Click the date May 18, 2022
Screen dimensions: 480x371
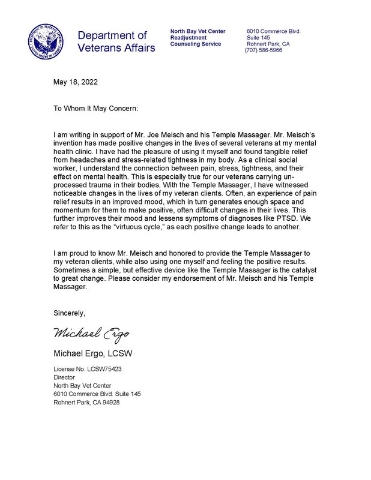(x=76, y=82)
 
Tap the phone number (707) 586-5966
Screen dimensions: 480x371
(x=264, y=50)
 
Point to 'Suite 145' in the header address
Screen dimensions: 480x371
(x=259, y=37)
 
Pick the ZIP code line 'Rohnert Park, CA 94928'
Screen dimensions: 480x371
(x=86, y=402)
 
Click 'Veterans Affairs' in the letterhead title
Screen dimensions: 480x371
(x=116, y=47)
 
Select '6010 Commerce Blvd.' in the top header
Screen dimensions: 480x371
(x=274, y=31)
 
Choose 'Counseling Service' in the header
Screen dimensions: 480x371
(x=196, y=44)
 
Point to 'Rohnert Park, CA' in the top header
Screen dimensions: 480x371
(x=268, y=44)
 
